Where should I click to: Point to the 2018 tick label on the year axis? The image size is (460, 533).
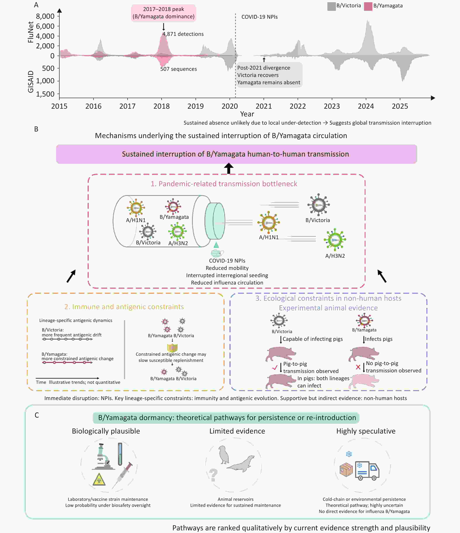[x=161, y=106]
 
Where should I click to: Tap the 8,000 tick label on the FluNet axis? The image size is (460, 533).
[x=45, y=16]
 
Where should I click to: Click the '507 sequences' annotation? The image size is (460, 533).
[x=178, y=69]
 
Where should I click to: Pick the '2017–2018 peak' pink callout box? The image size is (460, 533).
[x=164, y=13]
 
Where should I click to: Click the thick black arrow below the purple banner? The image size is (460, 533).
[x=229, y=169]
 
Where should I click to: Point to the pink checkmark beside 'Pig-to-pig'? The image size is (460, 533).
[x=275, y=368]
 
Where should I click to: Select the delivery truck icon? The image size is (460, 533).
[x=367, y=471]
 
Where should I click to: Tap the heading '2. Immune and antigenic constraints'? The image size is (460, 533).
[x=124, y=307]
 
